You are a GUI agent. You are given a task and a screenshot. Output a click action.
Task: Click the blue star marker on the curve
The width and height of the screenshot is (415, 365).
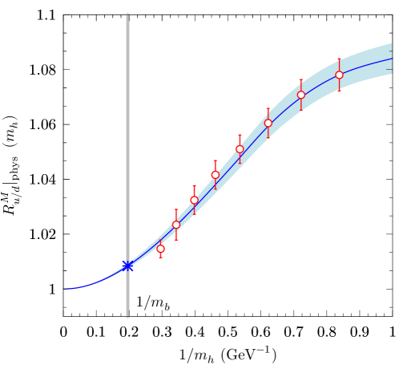coord(127,266)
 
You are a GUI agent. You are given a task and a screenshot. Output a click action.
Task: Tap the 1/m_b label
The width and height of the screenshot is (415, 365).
coord(152,303)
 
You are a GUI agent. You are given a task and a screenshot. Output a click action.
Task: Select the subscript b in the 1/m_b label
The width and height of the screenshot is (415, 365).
coord(167,307)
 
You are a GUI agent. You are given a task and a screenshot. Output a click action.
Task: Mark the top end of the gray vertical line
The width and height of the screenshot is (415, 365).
coord(127,14)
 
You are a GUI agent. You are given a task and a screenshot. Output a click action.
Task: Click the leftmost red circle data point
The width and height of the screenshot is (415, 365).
coord(160,249)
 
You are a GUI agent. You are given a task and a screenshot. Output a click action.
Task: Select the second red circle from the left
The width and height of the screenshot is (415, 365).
coord(176,225)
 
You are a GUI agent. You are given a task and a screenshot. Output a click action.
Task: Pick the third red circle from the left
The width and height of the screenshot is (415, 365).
coord(194,200)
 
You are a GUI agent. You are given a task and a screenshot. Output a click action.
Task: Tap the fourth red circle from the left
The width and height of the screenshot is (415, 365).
coord(215,175)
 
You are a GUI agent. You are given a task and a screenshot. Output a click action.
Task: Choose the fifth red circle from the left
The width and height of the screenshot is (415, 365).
coord(240,149)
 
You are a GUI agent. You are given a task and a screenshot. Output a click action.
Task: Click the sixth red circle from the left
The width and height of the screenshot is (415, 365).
coord(268,123)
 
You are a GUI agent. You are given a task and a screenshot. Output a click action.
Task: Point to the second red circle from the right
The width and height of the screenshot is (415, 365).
coord(301,95)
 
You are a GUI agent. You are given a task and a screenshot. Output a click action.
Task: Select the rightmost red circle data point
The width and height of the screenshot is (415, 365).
coord(339,75)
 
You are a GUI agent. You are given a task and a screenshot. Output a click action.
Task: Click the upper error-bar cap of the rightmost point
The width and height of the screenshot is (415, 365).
coord(339,59)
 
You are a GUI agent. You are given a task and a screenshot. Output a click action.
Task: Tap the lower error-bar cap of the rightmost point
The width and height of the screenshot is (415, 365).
coord(339,91)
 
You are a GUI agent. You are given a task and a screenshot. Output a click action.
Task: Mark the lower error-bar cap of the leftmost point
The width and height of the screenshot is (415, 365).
coord(160,258)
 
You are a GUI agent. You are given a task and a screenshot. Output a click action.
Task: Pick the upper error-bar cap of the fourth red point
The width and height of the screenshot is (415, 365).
coord(215,160)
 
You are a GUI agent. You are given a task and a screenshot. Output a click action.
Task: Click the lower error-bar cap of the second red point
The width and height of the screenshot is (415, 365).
coord(176,240)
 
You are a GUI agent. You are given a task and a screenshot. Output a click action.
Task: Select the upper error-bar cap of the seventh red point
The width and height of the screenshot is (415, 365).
coord(301,79)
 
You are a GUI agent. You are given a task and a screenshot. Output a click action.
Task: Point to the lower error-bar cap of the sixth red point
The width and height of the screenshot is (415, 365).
coord(268,138)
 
